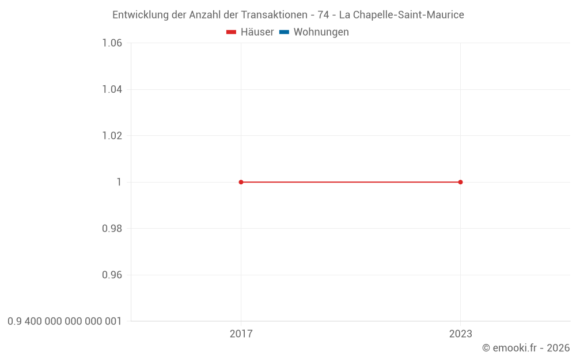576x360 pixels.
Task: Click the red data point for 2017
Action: point(241,182)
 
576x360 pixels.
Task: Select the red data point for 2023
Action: point(460,182)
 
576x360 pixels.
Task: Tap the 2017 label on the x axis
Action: point(241,334)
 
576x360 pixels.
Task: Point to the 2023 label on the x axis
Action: point(460,334)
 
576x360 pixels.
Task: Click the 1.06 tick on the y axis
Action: point(112,43)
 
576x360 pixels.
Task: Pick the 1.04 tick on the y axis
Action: point(112,89)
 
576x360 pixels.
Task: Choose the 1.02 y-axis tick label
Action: point(112,136)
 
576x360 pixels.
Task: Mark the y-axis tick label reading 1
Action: point(119,182)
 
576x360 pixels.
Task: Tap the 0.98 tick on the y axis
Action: point(112,229)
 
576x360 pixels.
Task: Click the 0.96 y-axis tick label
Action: point(112,275)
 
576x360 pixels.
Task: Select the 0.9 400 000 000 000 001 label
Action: point(65,321)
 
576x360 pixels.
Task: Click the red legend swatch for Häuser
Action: point(232,32)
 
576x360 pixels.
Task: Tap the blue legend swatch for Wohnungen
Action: point(284,32)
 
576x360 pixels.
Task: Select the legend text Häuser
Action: point(257,32)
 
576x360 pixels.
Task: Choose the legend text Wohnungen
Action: point(321,32)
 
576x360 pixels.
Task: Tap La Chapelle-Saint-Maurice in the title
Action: point(401,15)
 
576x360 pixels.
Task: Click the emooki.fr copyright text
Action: point(525,348)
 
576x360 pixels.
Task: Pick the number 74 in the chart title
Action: point(323,15)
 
